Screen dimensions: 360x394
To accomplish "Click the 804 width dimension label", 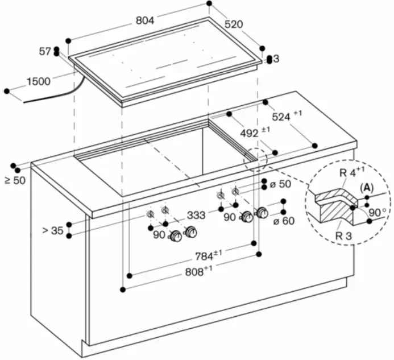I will (x=145, y=20).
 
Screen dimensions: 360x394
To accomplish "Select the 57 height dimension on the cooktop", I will (x=45, y=52).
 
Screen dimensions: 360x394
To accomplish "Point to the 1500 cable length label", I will (x=39, y=82).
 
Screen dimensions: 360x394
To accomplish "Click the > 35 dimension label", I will (x=53, y=230).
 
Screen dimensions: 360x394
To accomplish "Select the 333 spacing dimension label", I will (x=196, y=215).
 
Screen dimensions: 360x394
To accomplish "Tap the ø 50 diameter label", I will (x=280, y=184).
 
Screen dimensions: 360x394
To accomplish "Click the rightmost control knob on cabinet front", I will (x=262, y=213).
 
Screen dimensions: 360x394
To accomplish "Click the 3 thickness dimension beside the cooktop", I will (x=276, y=59).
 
